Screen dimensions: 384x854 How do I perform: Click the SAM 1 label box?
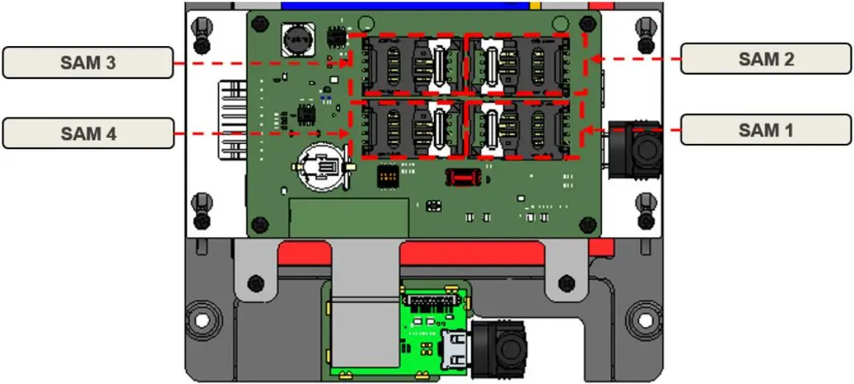766,131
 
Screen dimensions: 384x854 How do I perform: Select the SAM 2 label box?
766,59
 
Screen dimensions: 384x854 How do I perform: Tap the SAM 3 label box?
88,63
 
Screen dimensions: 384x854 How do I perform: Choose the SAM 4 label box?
88,134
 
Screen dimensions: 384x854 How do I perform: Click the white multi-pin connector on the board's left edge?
232,119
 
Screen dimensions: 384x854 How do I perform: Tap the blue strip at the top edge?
409,5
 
